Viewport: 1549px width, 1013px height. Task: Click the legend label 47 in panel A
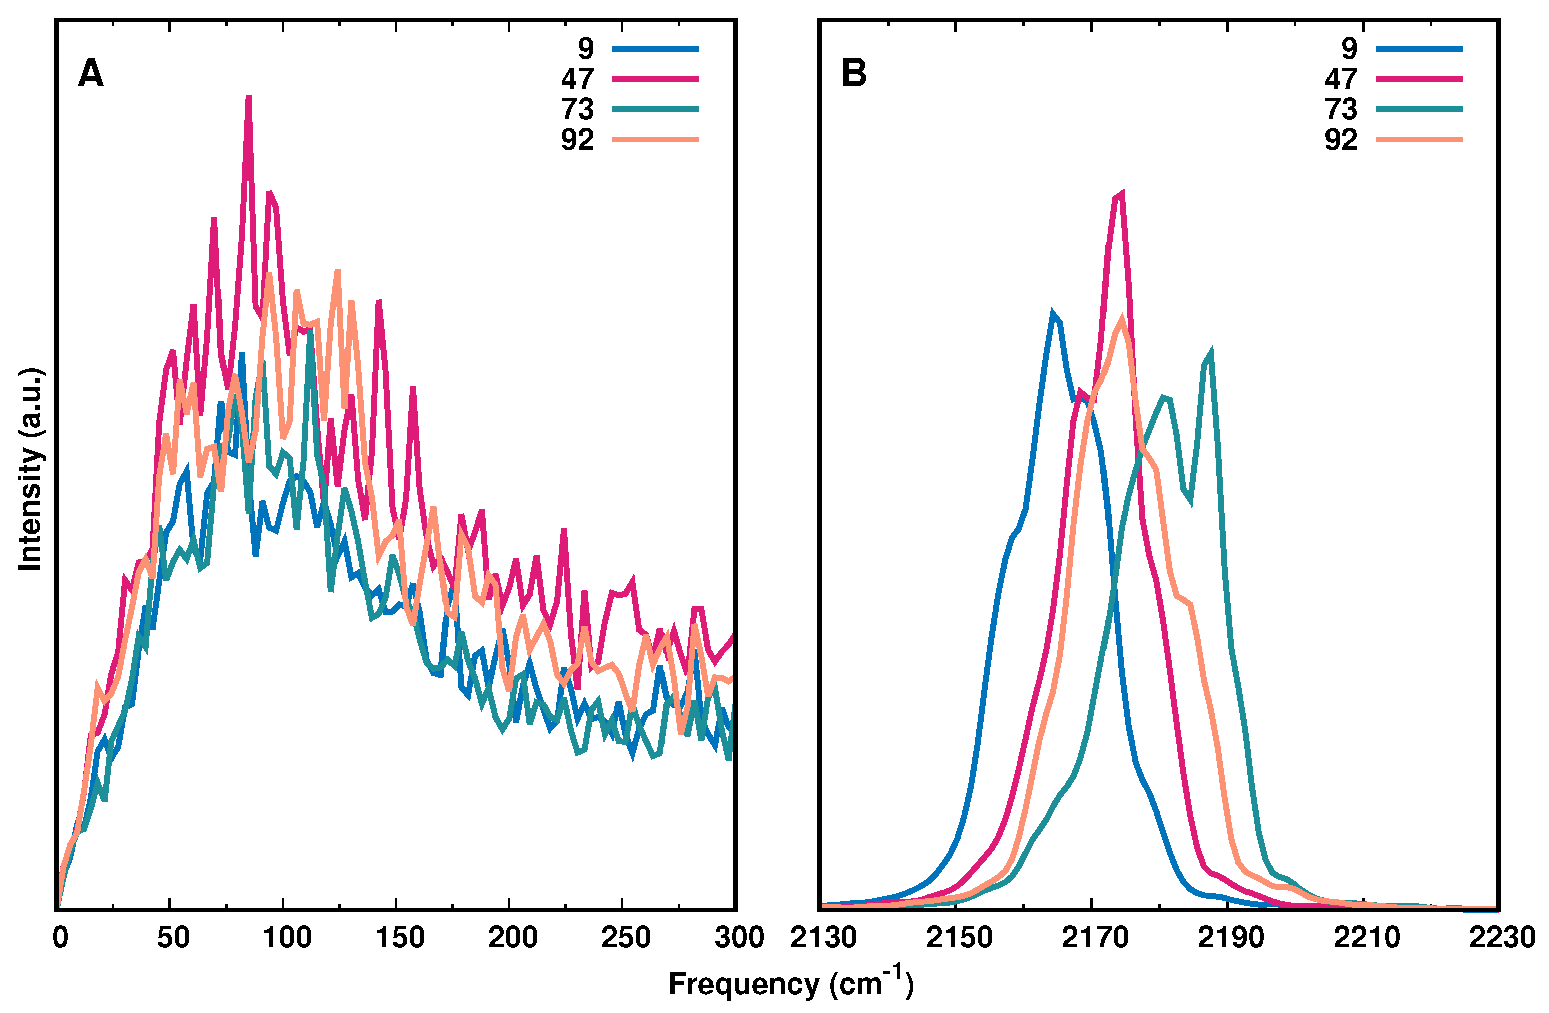pos(577,79)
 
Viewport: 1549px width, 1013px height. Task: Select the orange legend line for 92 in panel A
pos(655,139)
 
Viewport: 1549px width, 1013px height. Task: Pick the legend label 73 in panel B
pos(1341,109)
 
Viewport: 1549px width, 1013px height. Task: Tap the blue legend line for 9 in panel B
pos(1419,48)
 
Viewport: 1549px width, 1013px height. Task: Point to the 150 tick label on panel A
pos(399,937)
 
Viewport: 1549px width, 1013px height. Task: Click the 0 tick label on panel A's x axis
pos(60,937)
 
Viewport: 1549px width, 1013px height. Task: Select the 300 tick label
pos(739,937)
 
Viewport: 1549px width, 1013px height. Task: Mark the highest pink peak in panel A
pos(249,98)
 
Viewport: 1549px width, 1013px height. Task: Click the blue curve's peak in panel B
pos(1052,313)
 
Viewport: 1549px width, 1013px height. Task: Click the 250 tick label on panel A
pos(625,937)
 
